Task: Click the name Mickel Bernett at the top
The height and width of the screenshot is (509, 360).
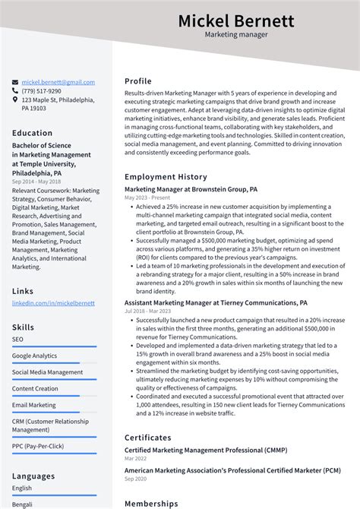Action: (x=235, y=21)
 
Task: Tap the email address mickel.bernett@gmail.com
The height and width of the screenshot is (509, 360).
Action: (x=58, y=82)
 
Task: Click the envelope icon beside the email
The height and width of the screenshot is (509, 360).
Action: (x=15, y=82)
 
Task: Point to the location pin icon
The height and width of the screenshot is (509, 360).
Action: (x=15, y=100)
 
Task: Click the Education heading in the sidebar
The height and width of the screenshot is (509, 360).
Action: (x=32, y=133)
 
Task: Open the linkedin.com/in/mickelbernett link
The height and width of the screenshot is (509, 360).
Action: (x=53, y=303)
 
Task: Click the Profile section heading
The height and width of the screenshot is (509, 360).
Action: (x=138, y=81)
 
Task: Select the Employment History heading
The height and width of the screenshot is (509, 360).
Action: (x=166, y=177)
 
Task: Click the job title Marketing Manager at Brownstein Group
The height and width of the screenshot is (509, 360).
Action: (x=191, y=189)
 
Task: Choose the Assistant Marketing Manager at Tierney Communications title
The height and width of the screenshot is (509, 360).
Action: (x=216, y=302)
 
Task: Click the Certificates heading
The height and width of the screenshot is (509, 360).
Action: (x=147, y=438)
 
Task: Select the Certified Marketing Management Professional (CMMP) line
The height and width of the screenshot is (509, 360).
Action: (x=205, y=451)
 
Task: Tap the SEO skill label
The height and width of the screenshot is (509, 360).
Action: (x=17, y=339)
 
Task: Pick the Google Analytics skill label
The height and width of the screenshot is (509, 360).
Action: (x=34, y=356)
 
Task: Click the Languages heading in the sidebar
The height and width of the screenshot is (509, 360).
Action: (x=33, y=476)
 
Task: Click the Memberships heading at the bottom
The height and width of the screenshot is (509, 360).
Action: (x=151, y=503)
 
